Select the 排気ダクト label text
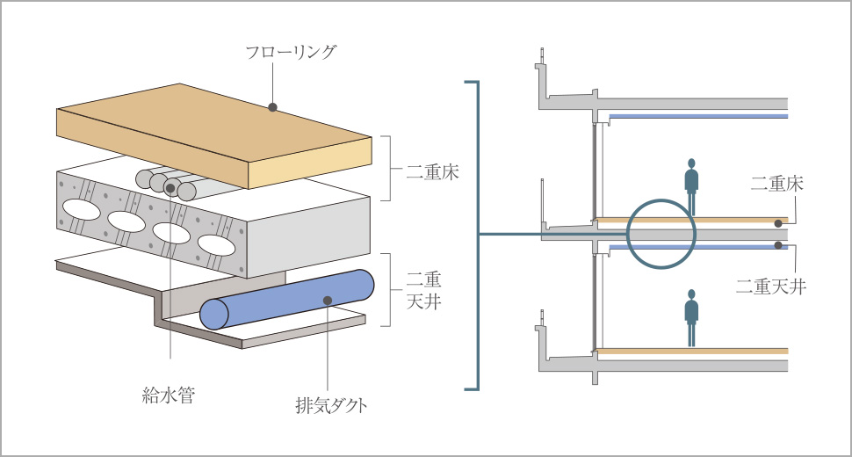pos(330,406)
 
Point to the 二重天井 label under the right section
pos(770,286)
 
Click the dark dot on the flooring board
pos(273,107)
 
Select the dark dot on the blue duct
pos(327,301)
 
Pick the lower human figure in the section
pos(691,318)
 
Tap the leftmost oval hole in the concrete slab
pos(79,209)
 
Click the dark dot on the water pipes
pos(170,188)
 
